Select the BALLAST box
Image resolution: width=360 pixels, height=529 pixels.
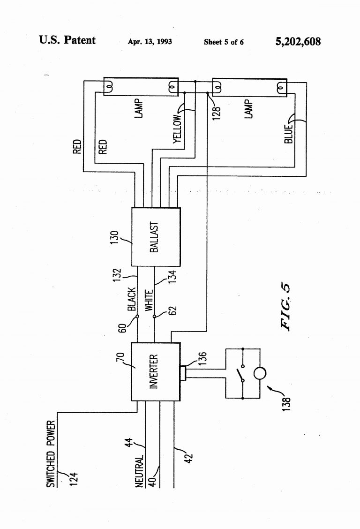tap(156, 237)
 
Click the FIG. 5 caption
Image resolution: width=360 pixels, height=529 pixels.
tap(285, 307)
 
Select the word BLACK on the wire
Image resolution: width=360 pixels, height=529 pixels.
tap(132, 299)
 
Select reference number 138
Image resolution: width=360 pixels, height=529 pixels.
tap(287, 403)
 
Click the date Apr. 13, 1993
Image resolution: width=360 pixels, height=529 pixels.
tap(150, 42)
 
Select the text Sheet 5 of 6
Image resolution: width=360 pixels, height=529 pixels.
tap(224, 42)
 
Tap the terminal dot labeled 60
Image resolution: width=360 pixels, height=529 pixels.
tap(137, 317)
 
